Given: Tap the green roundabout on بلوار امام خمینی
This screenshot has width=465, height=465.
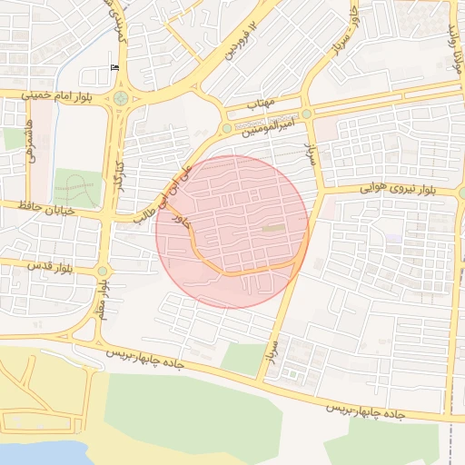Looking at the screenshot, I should click(121, 98).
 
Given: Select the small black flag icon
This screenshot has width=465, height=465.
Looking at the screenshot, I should click(114, 68).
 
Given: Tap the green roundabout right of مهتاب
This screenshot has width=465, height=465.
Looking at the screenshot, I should click(307, 114).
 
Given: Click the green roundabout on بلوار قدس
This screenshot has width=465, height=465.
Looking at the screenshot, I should click(102, 270).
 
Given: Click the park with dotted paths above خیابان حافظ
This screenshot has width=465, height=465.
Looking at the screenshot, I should click(75, 186).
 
